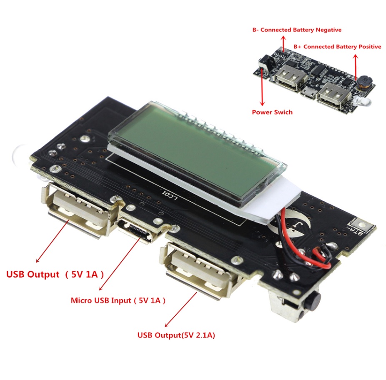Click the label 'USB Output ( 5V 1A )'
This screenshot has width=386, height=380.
55,274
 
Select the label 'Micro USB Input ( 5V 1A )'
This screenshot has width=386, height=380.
118,300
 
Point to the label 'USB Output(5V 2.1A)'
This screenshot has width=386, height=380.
176,335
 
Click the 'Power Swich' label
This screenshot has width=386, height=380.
272,112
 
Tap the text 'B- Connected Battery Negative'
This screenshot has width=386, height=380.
297,30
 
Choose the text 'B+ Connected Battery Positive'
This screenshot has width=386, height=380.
337,47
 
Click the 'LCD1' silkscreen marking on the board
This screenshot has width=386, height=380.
169,195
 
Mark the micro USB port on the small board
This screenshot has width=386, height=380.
308,93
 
